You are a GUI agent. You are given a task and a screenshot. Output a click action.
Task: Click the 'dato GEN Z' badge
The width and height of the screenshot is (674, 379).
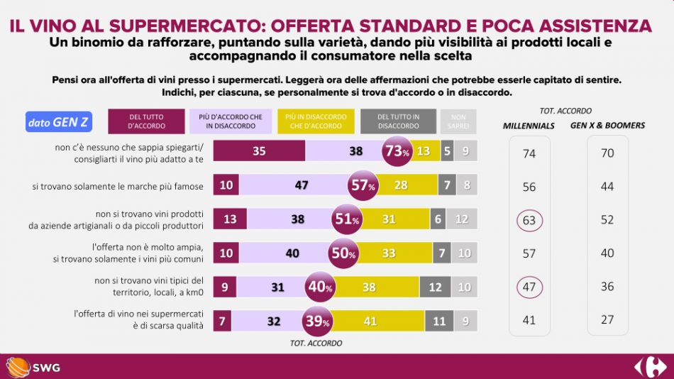coord(59,122)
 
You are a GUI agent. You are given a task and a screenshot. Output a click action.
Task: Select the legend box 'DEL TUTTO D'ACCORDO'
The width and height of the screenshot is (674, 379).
coord(147,121)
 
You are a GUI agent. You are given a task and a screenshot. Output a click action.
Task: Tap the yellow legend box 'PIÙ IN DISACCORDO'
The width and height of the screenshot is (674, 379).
coord(316,121)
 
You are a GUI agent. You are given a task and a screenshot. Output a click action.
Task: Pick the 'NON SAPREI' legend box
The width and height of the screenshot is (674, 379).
coord(458,121)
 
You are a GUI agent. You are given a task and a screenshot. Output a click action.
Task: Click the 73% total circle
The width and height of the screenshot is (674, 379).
coord(397,151)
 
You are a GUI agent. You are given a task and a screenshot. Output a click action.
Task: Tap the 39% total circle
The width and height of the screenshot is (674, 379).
coord(318,322)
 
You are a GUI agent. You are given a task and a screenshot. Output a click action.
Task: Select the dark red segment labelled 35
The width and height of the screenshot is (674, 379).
coord(259,151)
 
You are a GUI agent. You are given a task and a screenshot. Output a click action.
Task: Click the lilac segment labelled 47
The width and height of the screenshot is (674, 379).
coord(301,185)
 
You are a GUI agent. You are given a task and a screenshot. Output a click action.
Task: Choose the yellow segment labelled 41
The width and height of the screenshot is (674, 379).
coord(369,322)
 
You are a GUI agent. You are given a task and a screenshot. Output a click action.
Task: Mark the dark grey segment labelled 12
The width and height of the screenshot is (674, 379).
coord(435,287)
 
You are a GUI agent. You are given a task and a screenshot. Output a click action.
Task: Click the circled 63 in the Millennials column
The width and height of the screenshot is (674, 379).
coord(529,220)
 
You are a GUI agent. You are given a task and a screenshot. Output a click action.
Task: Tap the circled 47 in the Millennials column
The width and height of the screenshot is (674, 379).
coord(529,287)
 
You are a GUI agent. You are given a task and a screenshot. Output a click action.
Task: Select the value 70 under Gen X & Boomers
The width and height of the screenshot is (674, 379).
coord(607,153)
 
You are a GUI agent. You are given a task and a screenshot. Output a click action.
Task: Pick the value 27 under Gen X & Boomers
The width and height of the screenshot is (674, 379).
coord(607,319)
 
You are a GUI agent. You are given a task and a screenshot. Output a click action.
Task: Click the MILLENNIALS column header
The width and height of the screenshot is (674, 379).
coord(529,126)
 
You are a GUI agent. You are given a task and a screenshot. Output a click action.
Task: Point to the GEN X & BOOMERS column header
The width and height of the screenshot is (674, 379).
coord(607,126)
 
